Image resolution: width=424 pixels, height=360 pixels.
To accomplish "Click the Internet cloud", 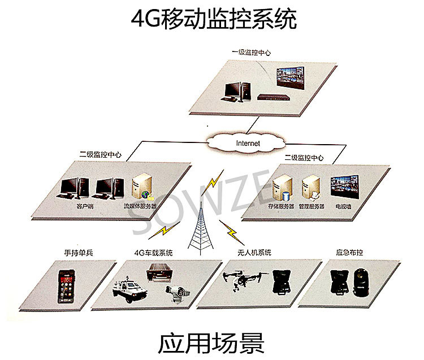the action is pyautogui.click(x=247, y=143).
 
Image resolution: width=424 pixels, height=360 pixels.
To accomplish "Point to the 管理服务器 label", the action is pyautogui.click(x=311, y=207).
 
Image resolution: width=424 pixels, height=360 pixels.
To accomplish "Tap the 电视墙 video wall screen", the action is pyautogui.click(x=344, y=187).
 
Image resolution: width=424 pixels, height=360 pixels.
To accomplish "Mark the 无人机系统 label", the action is pyautogui.click(x=252, y=253).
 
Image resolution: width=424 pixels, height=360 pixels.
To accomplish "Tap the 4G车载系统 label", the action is pyautogui.click(x=153, y=253).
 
